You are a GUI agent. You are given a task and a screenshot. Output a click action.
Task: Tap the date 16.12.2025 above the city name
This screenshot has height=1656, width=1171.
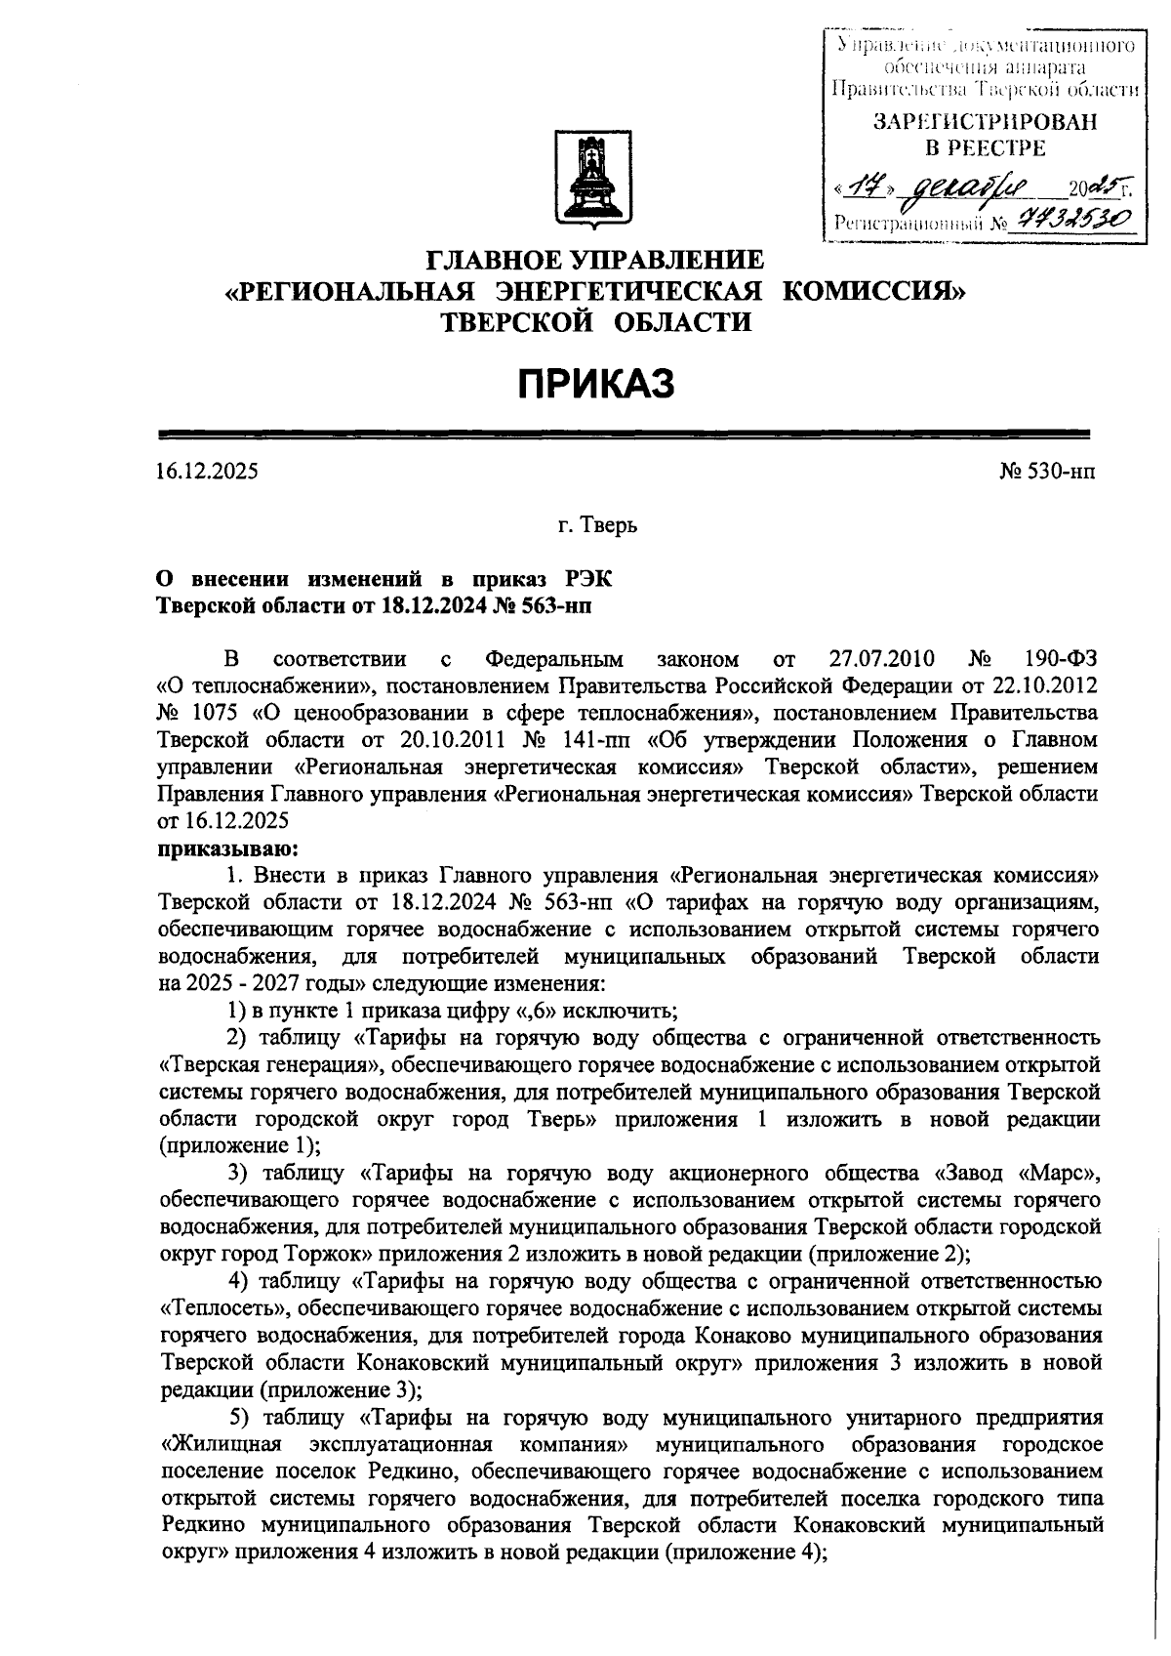208,472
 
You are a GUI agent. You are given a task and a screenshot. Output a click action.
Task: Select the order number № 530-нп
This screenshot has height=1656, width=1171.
1048,472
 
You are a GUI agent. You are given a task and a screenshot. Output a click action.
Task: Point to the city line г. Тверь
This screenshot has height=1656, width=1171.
597,526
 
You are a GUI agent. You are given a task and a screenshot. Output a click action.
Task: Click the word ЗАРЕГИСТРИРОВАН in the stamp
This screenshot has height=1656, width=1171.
984,122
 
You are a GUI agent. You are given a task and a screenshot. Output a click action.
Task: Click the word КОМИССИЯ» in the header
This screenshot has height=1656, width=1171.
875,290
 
